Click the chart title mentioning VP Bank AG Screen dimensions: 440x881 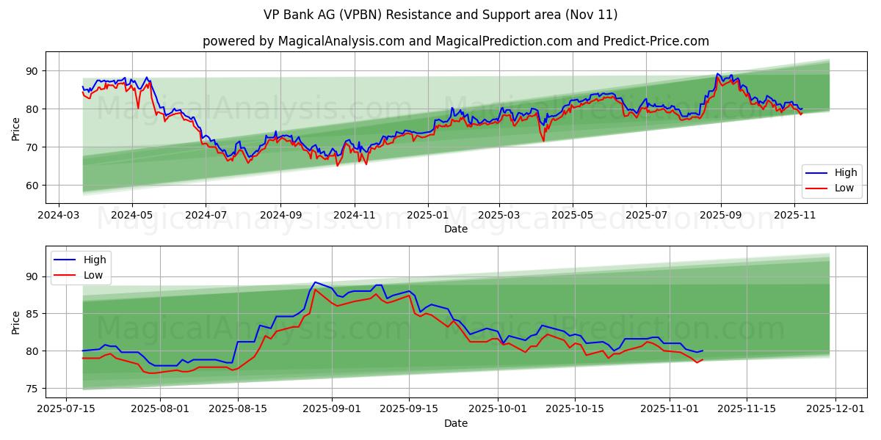click(440, 15)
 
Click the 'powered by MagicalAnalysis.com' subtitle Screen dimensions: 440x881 click(455, 41)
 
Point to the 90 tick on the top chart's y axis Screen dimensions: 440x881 click(32, 71)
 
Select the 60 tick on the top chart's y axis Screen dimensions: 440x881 click(32, 186)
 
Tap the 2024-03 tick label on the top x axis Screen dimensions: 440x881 click(59, 216)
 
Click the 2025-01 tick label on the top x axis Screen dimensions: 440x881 click(427, 216)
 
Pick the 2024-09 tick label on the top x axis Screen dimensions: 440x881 click(280, 216)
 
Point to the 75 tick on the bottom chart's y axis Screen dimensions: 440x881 click(32, 389)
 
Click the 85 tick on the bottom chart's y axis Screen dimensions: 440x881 click(32, 314)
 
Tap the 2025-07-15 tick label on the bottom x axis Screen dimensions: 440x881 click(67, 409)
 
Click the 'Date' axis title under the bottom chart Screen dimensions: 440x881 click(455, 423)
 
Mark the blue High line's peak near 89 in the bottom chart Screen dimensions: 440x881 click(315, 282)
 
